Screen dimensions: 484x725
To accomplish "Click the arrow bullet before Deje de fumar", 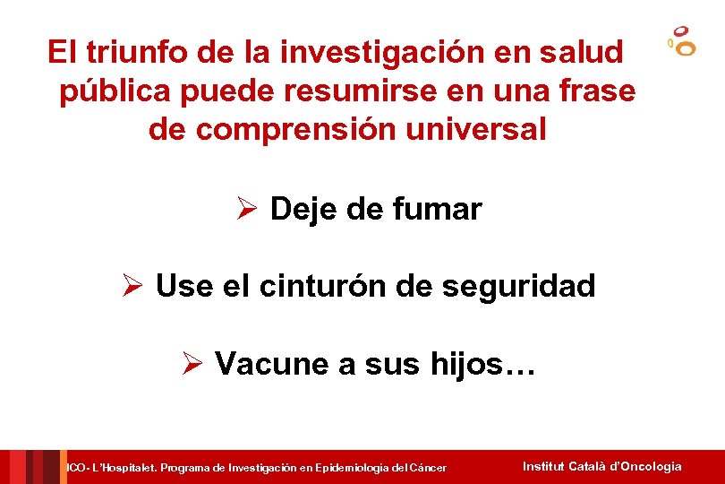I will click(247, 210).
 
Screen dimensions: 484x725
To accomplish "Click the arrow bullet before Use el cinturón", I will click(133, 287).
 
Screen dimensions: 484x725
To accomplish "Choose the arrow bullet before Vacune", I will click(193, 364).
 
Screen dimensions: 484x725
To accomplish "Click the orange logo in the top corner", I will click(682, 42).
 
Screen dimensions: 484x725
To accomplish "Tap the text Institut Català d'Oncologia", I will click(601, 466).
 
